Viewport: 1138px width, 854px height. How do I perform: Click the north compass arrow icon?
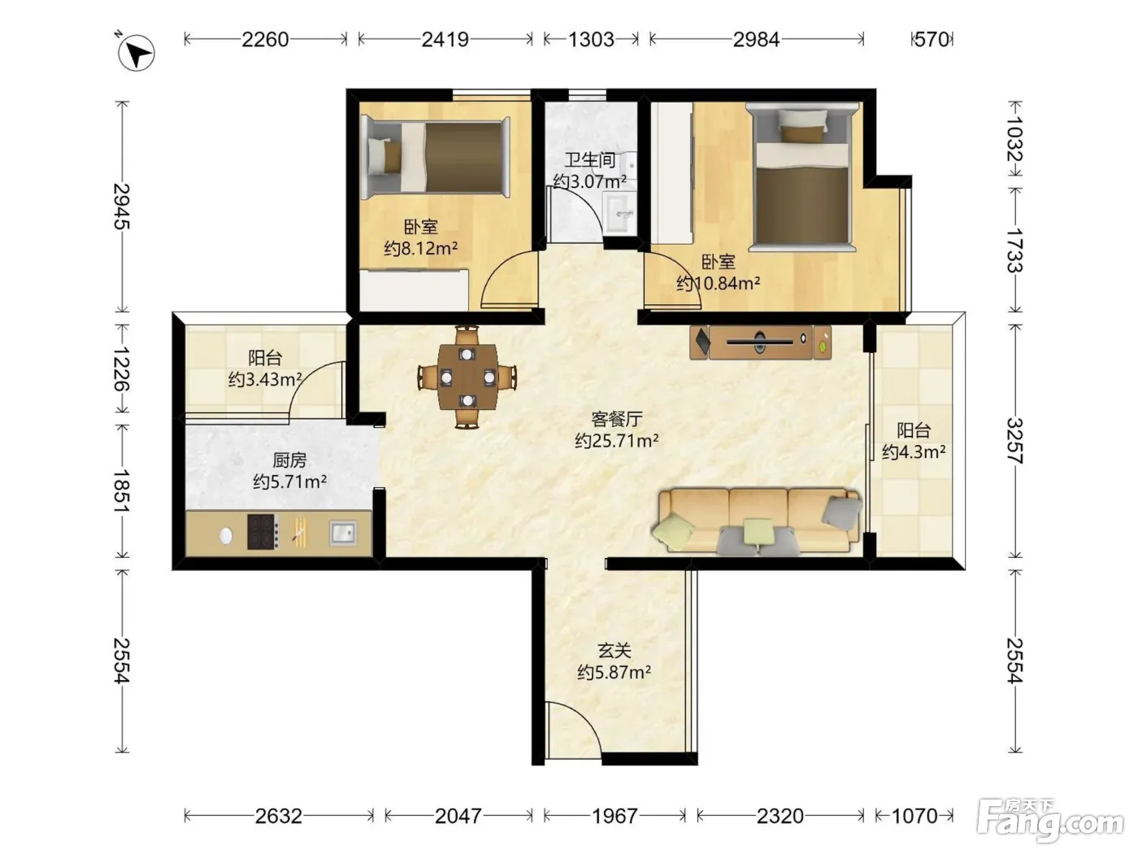click(x=136, y=52)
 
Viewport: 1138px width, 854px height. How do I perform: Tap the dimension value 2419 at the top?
click(x=445, y=39)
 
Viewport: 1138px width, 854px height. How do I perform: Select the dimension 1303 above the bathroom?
click(x=591, y=39)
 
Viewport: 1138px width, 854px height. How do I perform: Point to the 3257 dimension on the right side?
click(x=1015, y=441)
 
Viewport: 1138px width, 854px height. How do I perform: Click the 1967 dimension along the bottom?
click(x=615, y=816)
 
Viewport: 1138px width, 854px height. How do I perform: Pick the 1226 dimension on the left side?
click(x=122, y=368)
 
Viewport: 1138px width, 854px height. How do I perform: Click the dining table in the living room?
click(x=467, y=377)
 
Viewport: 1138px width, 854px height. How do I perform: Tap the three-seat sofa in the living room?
click(x=756, y=521)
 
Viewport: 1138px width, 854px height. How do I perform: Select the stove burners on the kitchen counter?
click(x=263, y=531)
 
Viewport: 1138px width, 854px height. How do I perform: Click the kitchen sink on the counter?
click(x=343, y=533)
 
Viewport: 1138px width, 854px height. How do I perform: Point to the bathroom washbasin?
click(x=619, y=212)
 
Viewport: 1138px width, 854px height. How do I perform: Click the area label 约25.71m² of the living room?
click(x=616, y=441)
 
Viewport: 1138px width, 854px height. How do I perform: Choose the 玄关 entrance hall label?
click(x=615, y=650)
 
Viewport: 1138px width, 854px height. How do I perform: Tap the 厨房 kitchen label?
click(x=289, y=460)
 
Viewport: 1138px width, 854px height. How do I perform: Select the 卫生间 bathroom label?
click(x=590, y=159)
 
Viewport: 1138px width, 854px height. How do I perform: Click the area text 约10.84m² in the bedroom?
click(x=718, y=283)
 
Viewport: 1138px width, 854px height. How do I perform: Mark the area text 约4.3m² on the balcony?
click(x=914, y=452)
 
